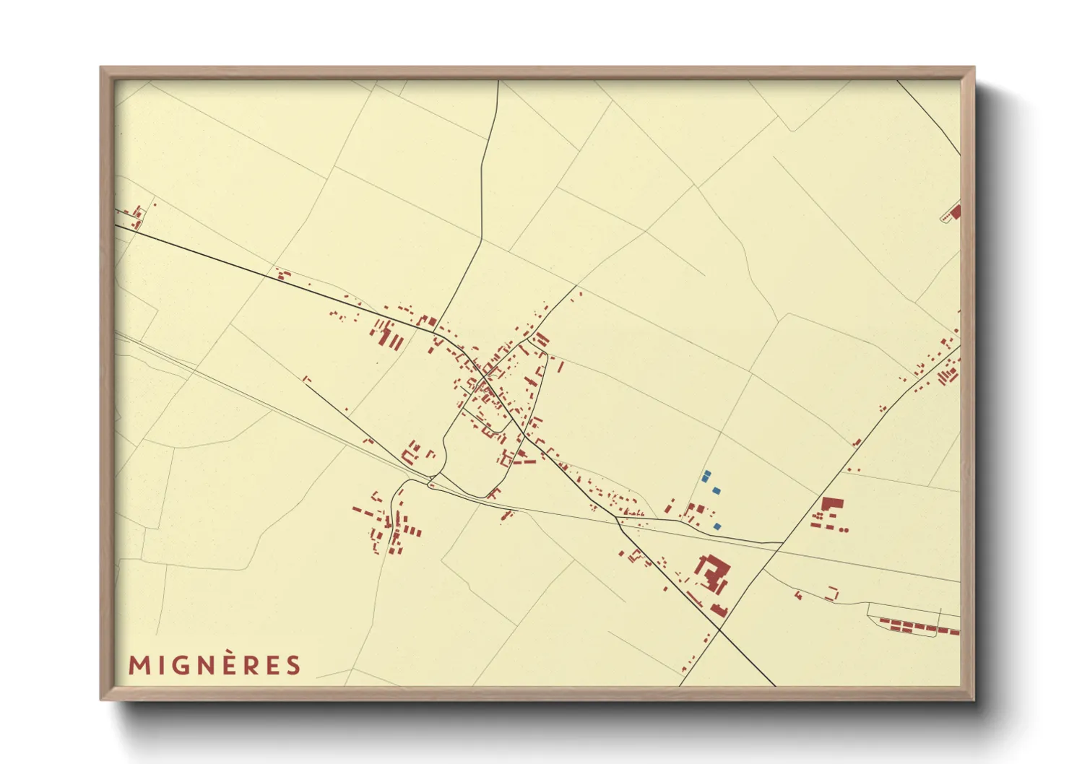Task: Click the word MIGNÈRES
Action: coord(215,665)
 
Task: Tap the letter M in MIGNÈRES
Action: coord(138,665)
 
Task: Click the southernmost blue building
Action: coord(717,526)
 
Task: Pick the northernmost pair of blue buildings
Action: coord(706,476)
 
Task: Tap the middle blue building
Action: coord(716,490)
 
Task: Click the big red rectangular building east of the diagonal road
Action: coord(832,503)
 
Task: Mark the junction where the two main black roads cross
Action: coord(720,630)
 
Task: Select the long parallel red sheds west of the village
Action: coord(388,335)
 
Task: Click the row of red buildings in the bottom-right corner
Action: coord(917,627)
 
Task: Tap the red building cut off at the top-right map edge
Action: coord(956,212)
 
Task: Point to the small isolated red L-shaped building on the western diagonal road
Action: coord(306,378)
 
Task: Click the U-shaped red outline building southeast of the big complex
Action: coord(834,594)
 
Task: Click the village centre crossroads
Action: coord(484,377)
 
